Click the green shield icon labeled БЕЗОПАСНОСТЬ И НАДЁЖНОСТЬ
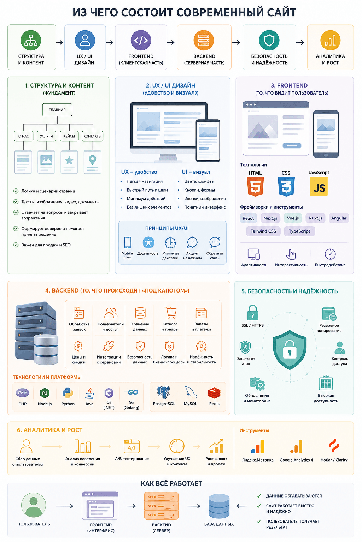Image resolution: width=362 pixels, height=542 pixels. pyautogui.click(x=269, y=40)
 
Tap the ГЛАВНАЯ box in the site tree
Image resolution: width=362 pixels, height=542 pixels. pyautogui.click(x=57, y=110)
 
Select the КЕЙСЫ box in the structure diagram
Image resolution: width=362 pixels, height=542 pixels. pyautogui.click(x=69, y=136)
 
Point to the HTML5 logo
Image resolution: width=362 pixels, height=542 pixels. pyautogui.click(x=255, y=186)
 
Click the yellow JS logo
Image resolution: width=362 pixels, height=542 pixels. pyautogui.click(x=319, y=187)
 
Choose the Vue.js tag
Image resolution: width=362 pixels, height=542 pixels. pyautogui.click(x=293, y=218)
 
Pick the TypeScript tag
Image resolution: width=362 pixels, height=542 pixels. pyautogui.click(x=299, y=231)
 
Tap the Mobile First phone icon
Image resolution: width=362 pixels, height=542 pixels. pyautogui.click(x=128, y=242)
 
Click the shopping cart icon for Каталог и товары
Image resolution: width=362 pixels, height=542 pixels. pyautogui.click(x=170, y=313)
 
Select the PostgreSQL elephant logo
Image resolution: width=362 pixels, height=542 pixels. pyautogui.click(x=163, y=392)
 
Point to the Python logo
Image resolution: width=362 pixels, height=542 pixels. pyautogui.click(x=68, y=393)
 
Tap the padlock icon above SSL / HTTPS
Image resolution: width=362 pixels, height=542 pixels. pyautogui.click(x=253, y=313)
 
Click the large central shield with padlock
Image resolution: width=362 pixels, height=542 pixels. pyautogui.click(x=290, y=350)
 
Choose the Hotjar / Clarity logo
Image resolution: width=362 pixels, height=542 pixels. pyautogui.click(x=334, y=445)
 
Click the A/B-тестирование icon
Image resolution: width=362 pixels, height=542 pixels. pyautogui.click(x=132, y=446)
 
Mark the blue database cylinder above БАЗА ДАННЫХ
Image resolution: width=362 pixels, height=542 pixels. pyautogui.click(x=219, y=506)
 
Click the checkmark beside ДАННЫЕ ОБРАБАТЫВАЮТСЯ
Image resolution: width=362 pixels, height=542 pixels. pyautogui.click(x=259, y=495)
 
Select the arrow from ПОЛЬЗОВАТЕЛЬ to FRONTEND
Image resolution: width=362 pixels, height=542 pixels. pyautogui.click(x=64, y=506)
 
